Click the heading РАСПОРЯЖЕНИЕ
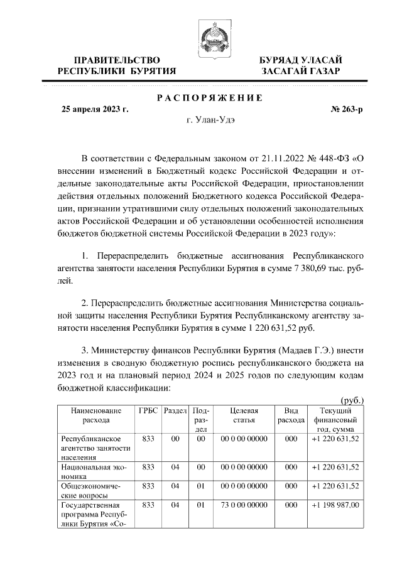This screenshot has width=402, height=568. click(209, 98)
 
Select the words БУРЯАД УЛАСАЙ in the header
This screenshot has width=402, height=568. click(301, 60)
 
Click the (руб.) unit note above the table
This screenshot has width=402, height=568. click(352, 400)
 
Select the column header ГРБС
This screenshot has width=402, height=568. click(148, 410)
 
